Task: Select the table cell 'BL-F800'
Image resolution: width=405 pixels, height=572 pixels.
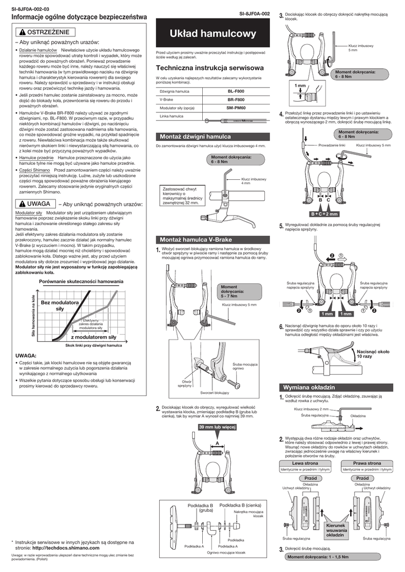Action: point(235,90)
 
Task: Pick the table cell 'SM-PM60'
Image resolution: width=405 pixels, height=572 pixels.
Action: point(235,107)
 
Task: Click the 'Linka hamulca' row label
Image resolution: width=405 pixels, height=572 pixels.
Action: point(171,116)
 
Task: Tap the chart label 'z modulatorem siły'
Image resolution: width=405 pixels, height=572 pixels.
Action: point(93,337)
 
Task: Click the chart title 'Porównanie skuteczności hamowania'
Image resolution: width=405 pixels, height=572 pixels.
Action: point(81,282)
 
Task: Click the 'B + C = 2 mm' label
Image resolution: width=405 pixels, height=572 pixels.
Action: point(324,214)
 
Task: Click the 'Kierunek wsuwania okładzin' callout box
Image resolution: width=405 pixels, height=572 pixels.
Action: point(335,530)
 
